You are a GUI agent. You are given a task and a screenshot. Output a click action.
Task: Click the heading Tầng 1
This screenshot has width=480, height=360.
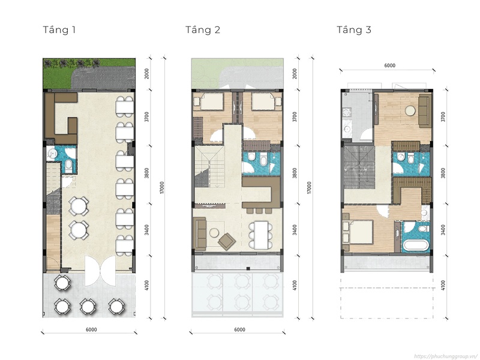point(59,29)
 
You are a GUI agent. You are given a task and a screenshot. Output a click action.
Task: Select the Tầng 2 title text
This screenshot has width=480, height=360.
point(203,29)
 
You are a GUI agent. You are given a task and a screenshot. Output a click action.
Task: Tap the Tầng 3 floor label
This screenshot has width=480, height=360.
point(354,29)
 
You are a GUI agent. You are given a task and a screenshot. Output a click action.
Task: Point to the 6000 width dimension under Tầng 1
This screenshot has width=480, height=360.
point(91,329)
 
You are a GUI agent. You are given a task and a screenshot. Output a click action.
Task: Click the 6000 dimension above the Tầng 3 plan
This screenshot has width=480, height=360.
point(389,65)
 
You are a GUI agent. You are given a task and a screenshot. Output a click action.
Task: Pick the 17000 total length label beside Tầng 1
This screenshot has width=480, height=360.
point(162,188)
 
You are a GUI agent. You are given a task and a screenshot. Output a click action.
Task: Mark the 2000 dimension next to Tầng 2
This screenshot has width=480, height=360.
point(295,74)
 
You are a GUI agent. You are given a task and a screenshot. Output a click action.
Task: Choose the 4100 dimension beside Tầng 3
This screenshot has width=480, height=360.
point(443,286)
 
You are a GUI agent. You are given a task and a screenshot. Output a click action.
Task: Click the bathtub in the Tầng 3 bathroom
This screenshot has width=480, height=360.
point(416,246)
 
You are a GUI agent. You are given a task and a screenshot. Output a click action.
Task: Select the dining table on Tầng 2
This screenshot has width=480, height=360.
point(260,235)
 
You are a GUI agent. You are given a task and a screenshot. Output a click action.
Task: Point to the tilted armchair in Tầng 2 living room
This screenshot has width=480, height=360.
point(227,241)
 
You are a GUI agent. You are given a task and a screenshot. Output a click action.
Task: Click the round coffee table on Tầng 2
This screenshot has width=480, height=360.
point(214,233)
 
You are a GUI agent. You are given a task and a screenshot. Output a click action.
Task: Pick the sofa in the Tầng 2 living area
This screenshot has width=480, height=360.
point(200,233)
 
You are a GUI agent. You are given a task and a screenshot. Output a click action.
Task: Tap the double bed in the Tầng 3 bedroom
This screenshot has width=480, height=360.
point(358,232)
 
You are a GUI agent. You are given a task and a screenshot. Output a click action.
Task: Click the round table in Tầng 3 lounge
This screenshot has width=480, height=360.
point(410,110)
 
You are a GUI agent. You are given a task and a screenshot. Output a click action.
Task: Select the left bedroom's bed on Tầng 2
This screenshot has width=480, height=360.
point(211,101)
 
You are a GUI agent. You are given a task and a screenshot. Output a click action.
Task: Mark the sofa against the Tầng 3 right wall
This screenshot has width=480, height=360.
point(424,111)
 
